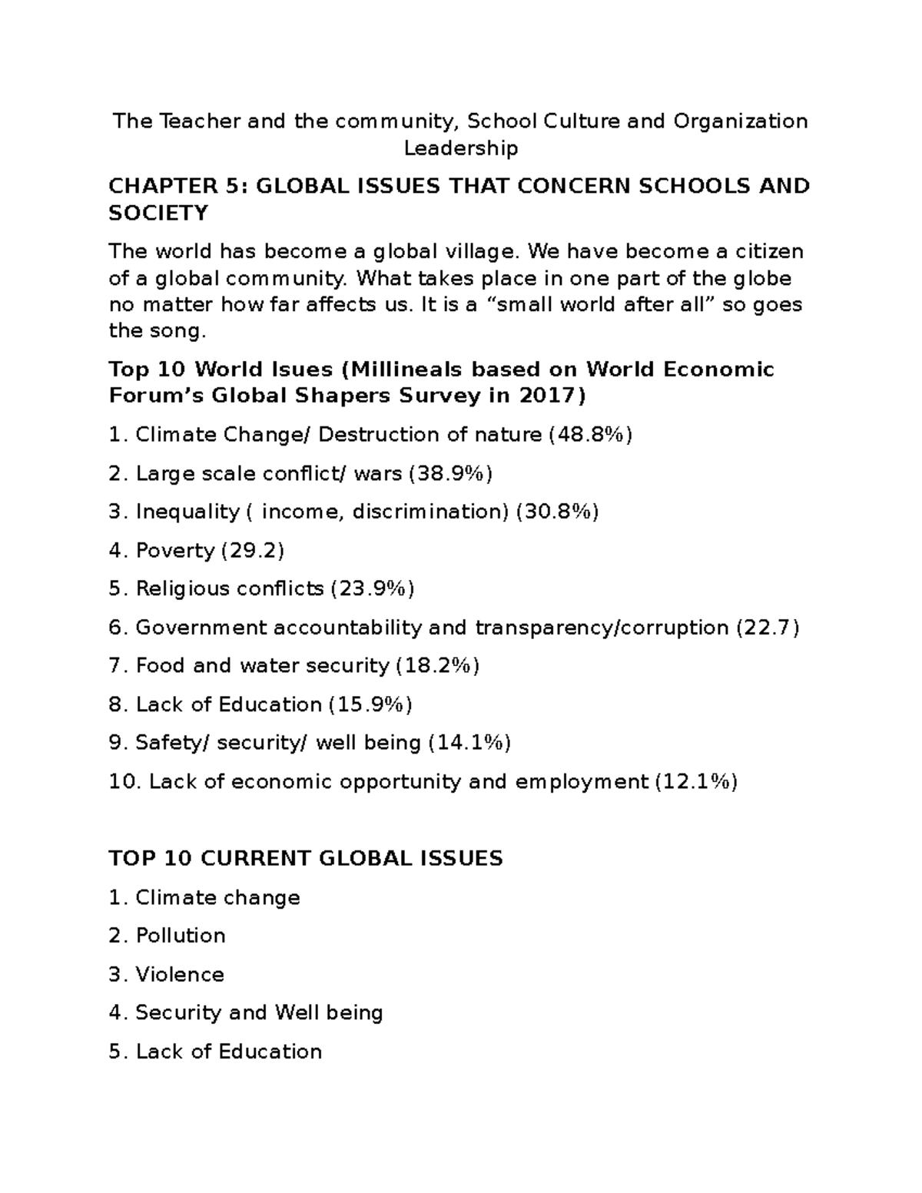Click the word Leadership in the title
click(x=461, y=147)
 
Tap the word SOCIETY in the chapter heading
click(x=158, y=213)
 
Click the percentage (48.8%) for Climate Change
click(x=590, y=435)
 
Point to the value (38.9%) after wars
click(x=450, y=473)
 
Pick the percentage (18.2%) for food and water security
click(x=437, y=666)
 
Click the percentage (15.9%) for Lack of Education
click(x=370, y=704)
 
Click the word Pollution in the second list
click(x=181, y=936)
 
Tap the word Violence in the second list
click(x=180, y=974)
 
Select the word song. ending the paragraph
click(x=177, y=331)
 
